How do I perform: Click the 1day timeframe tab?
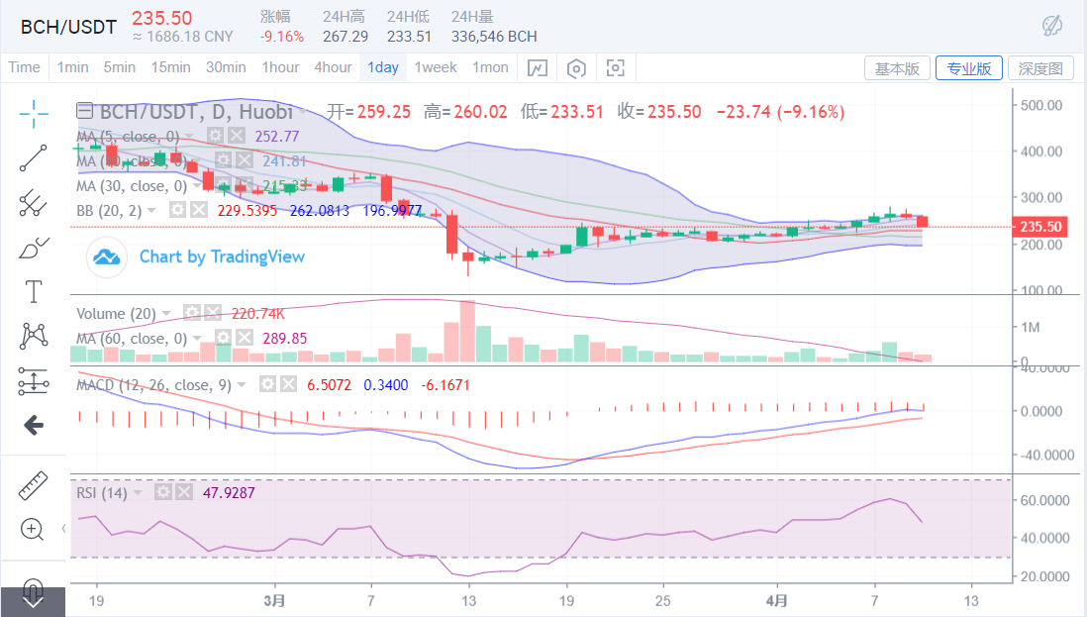click(382, 67)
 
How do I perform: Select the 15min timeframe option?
click(170, 67)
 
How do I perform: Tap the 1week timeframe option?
click(436, 67)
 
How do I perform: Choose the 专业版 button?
click(969, 68)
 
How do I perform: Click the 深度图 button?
click(1040, 68)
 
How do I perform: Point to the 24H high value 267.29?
click(345, 37)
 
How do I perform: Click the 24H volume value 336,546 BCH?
click(493, 37)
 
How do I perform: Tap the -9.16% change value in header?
click(282, 37)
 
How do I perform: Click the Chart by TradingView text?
click(222, 257)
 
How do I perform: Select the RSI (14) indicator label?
click(102, 492)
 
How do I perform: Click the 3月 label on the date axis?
click(276, 600)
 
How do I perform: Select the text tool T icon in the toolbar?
click(34, 291)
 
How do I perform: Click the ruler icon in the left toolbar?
click(34, 485)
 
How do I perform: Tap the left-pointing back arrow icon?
click(34, 426)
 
